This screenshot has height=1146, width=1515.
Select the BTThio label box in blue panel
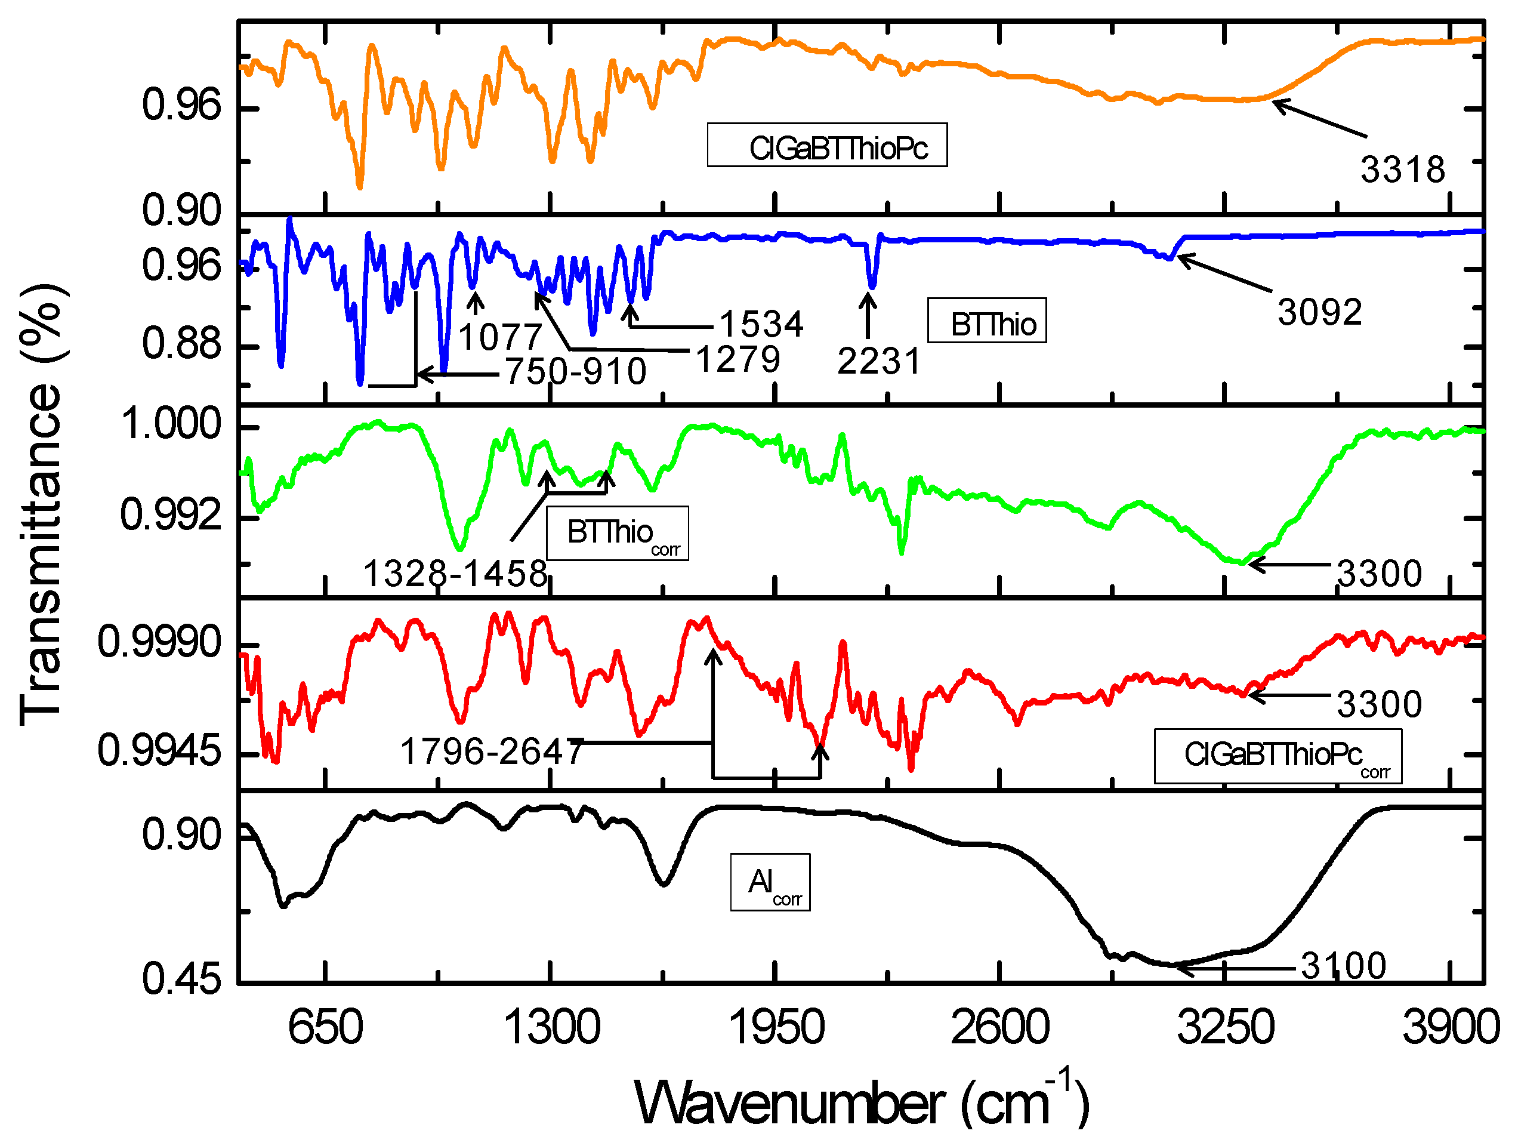coord(986,321)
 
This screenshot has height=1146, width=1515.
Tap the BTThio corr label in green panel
coord(616,534)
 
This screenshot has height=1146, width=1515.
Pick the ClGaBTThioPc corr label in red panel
coord(1278,756)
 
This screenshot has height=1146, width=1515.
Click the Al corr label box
coord(770,882)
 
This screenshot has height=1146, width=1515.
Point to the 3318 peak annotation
coord(1402,170)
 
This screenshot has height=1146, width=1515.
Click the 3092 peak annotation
coord(1319,312)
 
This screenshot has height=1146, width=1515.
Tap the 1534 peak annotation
coord(761,324)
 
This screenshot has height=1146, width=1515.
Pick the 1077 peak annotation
coord(500,337)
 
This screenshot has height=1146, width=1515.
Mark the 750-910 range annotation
coord(575,372)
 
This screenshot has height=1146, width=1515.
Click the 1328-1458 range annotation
coord(455,574)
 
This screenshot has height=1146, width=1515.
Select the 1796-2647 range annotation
coord(492,751)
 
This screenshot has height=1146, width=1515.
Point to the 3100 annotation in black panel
coord(1343,966)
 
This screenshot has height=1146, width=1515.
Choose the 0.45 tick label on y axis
coord(181,979)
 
